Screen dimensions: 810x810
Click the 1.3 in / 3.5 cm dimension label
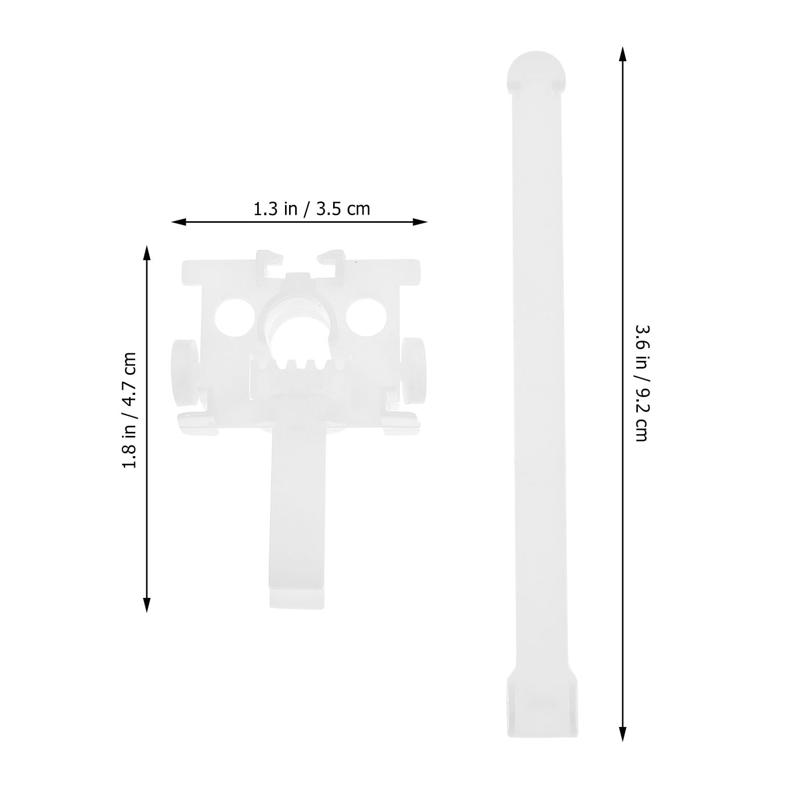click(x=312, y=209)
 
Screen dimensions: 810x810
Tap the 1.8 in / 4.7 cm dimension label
click(x=130, y=410)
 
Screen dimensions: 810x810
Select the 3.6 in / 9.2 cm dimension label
click(x=641, y=383)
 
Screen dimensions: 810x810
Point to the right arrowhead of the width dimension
click(x=421, y=222)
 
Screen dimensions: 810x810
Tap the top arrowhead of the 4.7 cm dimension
click(x=147, y=252)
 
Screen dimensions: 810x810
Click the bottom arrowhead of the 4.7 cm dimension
click(x=147, y=605)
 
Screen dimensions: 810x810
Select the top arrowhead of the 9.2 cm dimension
click(x=623, y=54)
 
